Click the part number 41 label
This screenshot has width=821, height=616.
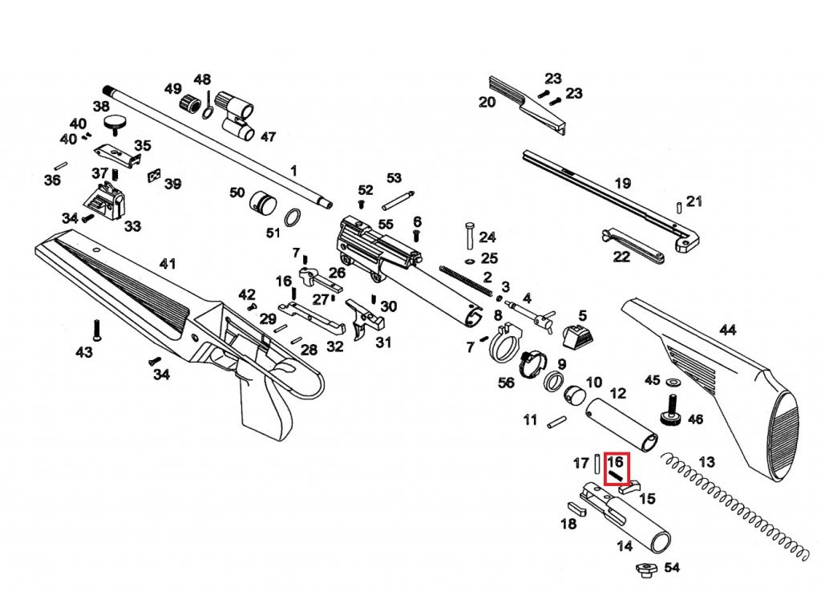coord(168,263)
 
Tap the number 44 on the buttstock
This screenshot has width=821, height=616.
coord(728,330)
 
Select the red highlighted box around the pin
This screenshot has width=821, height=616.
coord(617,468)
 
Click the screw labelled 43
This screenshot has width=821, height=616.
coord(96,330)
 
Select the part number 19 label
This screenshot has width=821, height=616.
coord(622,184)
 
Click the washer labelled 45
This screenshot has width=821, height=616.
coord(673,382)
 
